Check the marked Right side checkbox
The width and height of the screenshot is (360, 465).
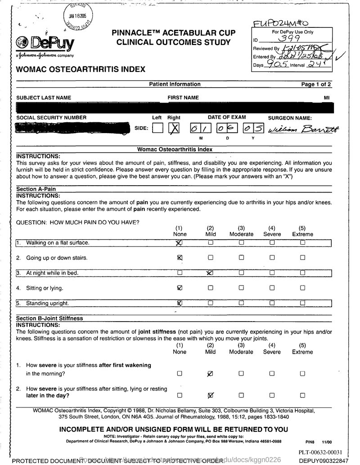pyautogui.click(x=174, y=129)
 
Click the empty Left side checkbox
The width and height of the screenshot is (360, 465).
pyautogui.click(x=157, y=129)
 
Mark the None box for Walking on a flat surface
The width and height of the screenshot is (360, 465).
pyautogui.click(x=180, y=243)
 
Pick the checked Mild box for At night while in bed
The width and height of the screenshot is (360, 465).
pyautogui.click(x=210, y=273)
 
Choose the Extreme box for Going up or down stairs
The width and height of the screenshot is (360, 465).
pyautogui.click(x=302, y=258)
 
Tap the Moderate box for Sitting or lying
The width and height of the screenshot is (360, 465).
pyautogui.click(x=241, y=288)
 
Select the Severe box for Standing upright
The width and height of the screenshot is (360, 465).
pyautogui.click(x=272, y=303)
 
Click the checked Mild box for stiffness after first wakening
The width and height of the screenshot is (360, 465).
pyautogui.click(x=210, y=373)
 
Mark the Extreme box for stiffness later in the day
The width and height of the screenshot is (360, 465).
pyautogui.click(x=302, y=395)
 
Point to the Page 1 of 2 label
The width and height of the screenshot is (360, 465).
pyautogui.click(x=317, y=84)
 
